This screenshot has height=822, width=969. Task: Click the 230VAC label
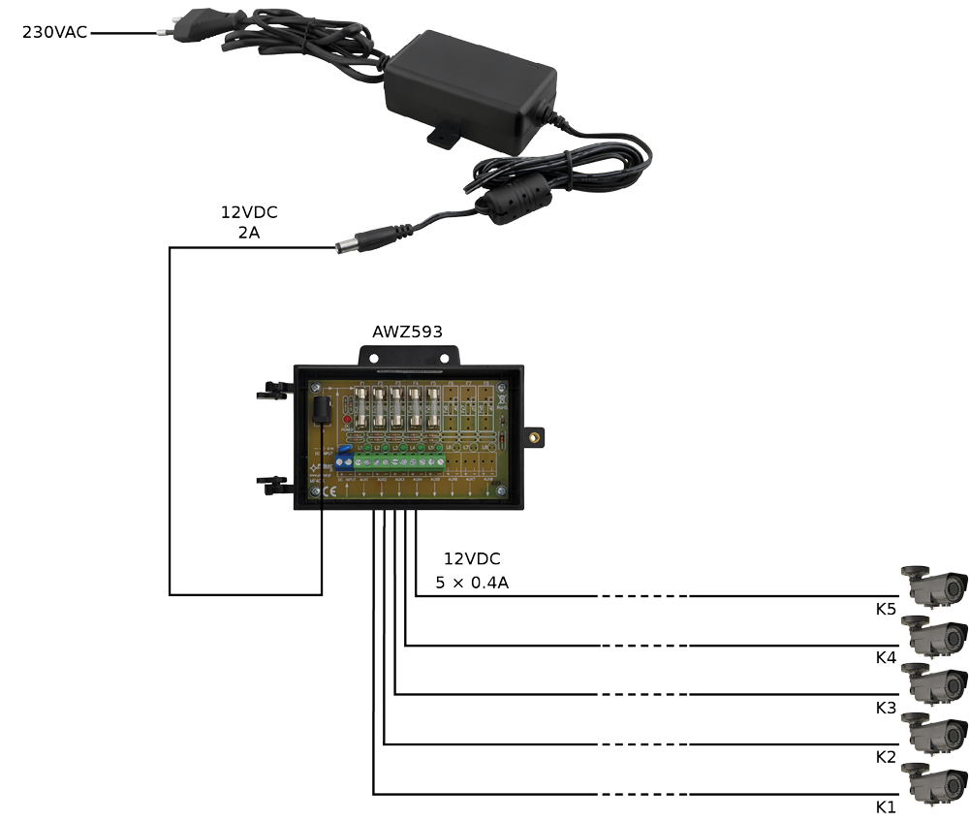[x=54, y=32]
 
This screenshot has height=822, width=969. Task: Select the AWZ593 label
[x=407, y=332]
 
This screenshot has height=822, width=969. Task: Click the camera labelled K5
[x=934, y=585]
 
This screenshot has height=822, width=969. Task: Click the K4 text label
[x=886, y=658]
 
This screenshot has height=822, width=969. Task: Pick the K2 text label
[x=886, y=757]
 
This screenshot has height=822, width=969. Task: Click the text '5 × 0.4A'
[x=473, y=585]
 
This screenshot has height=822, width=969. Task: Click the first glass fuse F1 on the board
[x=361, y=412]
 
